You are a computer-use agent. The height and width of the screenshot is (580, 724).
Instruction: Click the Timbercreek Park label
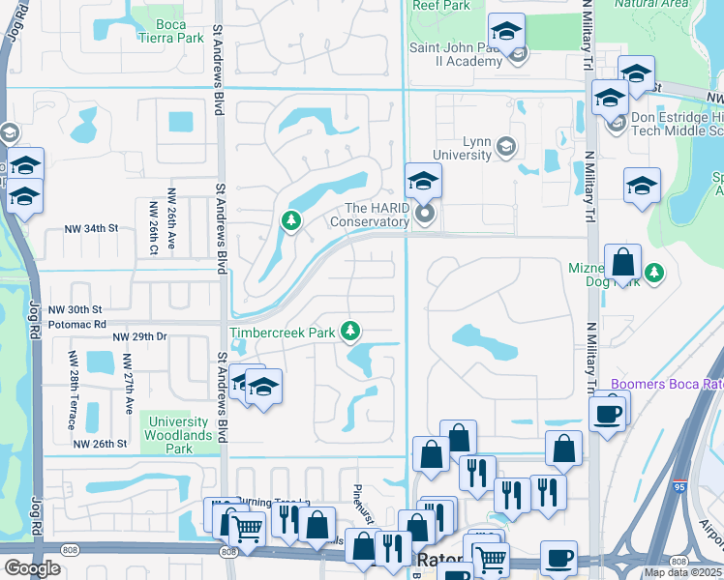click(x=282, y=333)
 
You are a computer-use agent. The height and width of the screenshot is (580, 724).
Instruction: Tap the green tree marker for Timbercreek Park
click(x=349, y=333)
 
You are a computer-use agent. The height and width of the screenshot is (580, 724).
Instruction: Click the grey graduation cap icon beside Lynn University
click(x=504, y=148)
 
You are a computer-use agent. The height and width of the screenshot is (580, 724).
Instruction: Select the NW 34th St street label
click(x=87, y=228)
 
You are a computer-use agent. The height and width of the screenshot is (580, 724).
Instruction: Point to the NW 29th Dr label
click(x=140, y=336)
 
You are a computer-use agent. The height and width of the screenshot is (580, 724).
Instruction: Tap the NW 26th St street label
click(x=101, y=445)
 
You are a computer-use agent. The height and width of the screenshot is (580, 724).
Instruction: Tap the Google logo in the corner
click(x=32, y=568)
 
